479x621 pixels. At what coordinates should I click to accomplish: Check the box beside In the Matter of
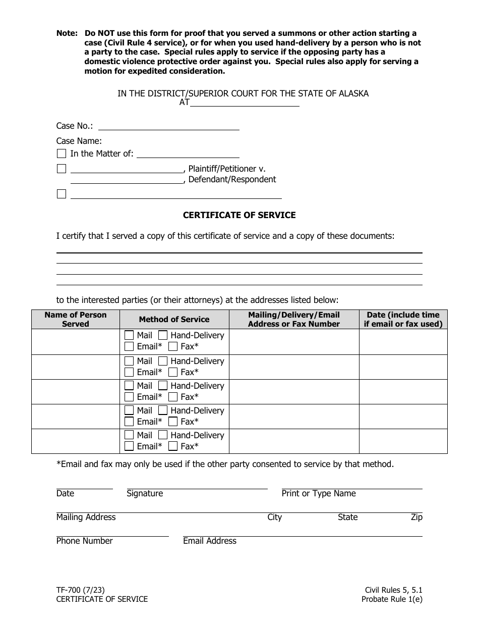pos(62,153)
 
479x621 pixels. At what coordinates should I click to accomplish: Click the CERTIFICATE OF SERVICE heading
pos(239,215)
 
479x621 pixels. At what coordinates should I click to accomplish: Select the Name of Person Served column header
pos(76,320)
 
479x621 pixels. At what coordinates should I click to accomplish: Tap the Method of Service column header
pos(174,320)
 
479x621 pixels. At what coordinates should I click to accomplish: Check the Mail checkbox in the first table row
pos(129,335)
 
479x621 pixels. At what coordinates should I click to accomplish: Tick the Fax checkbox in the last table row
pos(173,446)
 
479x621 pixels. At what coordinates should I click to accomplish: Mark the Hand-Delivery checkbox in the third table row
pos(163,386)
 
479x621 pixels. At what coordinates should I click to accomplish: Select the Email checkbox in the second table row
pos(129,372)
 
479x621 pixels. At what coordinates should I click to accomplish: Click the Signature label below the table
pos(145,494)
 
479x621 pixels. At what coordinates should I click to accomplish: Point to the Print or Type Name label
pos(319,494)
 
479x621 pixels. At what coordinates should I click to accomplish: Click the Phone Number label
pos(85,541)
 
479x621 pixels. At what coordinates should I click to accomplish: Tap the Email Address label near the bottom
pos(210,541)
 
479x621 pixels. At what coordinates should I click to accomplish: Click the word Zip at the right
pos(416,517)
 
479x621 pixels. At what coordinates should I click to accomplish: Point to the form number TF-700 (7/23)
pos(81,589)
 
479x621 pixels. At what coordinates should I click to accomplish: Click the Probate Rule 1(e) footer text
pos(392,599)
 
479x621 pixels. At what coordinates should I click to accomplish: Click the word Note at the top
pos(67,33)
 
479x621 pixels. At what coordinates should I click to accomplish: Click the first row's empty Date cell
pos(403,341)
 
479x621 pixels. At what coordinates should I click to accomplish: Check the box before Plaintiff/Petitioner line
pos(62,169)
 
